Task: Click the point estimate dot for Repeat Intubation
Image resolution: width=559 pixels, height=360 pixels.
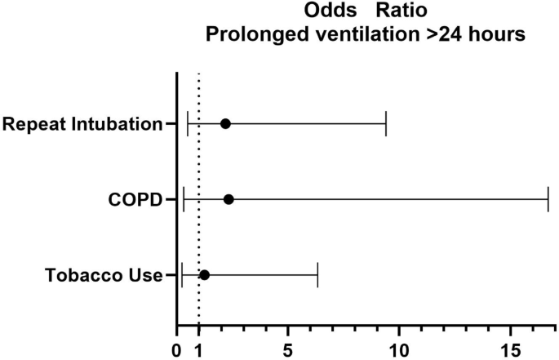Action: coord(225,124)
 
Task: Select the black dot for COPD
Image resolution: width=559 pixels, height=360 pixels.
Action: coord(228,199)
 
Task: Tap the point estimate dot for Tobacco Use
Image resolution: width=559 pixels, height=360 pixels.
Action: coord(205,275)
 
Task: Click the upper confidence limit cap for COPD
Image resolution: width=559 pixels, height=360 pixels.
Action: coord(548,199)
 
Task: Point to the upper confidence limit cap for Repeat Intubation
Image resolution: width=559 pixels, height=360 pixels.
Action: coord(385,124)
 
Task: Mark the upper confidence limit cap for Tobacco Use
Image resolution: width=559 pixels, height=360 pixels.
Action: coord(317,275)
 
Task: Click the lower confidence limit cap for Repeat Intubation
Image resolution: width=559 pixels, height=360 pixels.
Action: coord(188,124)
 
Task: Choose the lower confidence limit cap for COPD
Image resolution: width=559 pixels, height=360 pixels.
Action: coord(184,199)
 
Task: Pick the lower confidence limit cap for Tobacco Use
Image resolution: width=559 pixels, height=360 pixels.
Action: coord(182,275)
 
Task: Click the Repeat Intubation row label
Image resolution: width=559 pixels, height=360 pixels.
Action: coord(82,125)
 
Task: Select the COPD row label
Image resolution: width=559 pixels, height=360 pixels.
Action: coord(135,200)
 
